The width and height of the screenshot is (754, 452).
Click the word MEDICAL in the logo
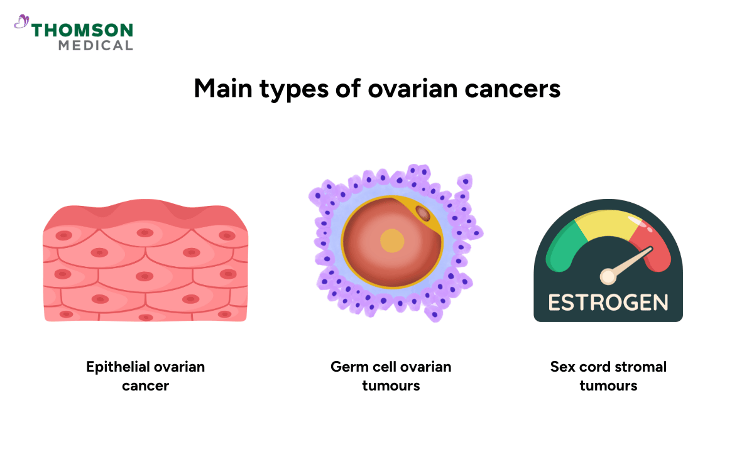pos(96,45)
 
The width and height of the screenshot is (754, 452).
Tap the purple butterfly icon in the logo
pos(21,22)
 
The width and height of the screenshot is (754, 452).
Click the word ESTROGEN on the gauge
pos(608,302)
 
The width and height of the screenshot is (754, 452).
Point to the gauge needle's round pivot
pos(608,276)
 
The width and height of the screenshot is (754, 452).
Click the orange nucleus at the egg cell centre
pos(392,241)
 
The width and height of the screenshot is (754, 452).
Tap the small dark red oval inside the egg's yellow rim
pos(423,214)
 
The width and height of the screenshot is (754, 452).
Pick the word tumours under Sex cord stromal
pos(608,385)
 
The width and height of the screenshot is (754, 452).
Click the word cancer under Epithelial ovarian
pos(145,385)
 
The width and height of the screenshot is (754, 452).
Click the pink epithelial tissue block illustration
pos(145,264)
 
